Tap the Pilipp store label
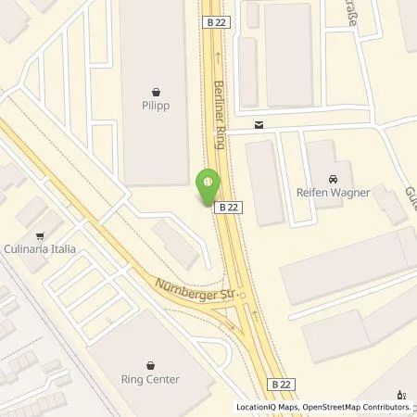(x=154, y=107)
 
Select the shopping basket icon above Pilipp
(x=154, y=92)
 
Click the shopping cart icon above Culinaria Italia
(x=40, y=236)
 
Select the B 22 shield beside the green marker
(x=230, y=209)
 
